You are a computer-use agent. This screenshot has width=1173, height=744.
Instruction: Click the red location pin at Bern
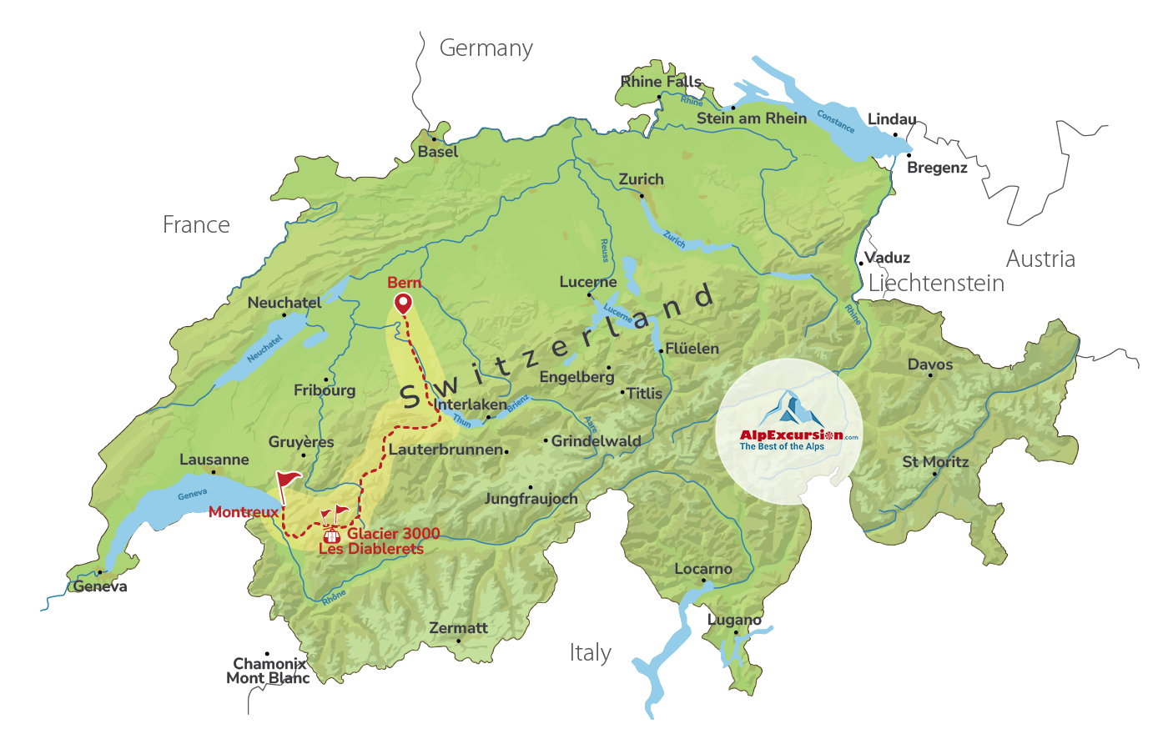(x=403, y=303)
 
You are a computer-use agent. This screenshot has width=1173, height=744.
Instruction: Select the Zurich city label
(x=641, y=179)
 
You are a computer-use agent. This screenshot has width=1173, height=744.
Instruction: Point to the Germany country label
(x=486, y=48)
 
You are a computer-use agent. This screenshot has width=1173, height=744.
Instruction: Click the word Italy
(x=590, y=652)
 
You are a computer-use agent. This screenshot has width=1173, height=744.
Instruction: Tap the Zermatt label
(x=458, y=628)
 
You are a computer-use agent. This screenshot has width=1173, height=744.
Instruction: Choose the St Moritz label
(x=935, y=462)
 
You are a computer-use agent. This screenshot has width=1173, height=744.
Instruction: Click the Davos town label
(x=929, y=364)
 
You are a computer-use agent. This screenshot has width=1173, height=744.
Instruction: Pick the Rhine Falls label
(x=661, y=82)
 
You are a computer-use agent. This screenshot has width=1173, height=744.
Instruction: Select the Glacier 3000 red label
(x=393, y=534)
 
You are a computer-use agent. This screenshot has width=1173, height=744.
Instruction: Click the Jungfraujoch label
(x=531, y=499)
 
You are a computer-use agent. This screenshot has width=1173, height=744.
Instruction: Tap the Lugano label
(x=734, y=620)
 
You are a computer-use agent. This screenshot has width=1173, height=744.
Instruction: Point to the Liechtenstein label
(x=936, y=284)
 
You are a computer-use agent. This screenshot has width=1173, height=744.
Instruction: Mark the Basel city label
(x=438, y=152)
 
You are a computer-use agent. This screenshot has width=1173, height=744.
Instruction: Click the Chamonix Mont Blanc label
(x=269, y=671)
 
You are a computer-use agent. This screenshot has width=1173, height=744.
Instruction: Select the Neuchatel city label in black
(x=284, y=303)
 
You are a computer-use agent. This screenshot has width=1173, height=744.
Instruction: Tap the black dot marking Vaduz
(x=861, y=264)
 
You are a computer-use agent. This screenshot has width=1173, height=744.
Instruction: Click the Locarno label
(x=702, y=569)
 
